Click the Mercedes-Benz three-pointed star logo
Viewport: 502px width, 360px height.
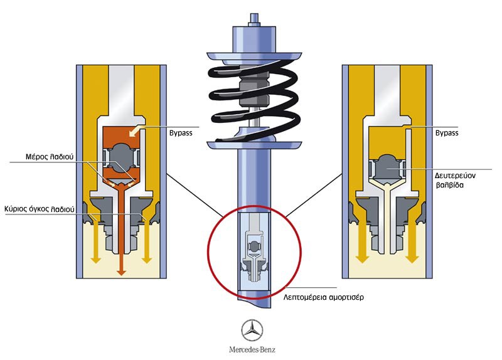(253, 330)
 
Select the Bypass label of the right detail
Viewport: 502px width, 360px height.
(446, 133)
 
